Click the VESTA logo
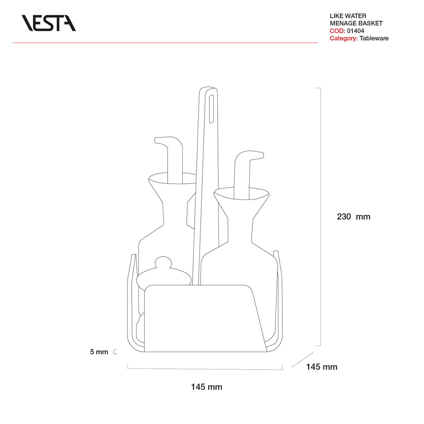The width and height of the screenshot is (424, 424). tap(49, 23)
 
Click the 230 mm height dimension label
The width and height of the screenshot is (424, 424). tap(353, 217)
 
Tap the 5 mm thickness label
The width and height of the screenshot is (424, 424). tap(99, 352)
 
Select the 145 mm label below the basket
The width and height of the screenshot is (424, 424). tap(207, 387)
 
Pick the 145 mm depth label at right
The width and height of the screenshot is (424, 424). tap(322, 367)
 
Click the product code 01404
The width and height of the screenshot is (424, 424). tap(355, 31)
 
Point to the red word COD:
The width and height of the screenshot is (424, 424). tap(337, 31)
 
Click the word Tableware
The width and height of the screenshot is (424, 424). tap(374, 38)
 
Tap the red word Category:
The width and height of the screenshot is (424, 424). tap(344, 38)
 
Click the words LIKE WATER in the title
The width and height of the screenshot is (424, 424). tap(348, 16)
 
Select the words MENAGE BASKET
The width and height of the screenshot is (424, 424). tap(356, 23)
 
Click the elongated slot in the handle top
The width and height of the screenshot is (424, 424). tap(211, 109)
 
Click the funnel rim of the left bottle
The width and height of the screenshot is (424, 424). tap(172, 178)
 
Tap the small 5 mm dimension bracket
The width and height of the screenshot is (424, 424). tap(115, 352)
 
